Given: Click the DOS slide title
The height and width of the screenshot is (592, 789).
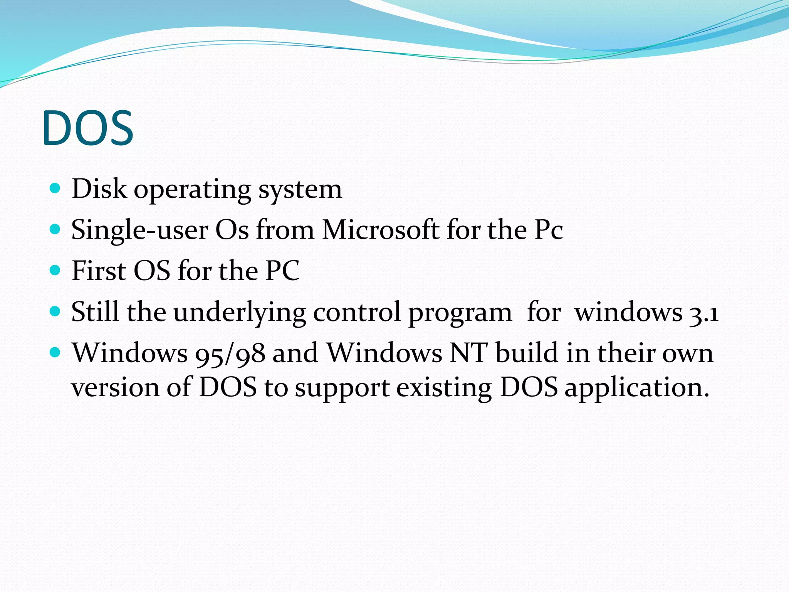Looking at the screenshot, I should click(x=88, y=128).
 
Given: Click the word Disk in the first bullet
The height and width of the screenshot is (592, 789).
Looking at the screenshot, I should click(x=99, y=189).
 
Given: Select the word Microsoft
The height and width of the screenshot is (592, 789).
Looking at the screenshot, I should click(x=381, y=230).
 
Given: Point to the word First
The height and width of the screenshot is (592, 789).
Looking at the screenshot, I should click(x=99, y=271).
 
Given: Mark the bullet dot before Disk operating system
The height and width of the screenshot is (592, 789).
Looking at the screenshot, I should click(x=55, y=188).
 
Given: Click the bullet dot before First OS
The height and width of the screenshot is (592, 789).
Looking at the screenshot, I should click(x=55, y=270).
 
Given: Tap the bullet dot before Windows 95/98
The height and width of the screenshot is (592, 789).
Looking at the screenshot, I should click(x=55, y=352).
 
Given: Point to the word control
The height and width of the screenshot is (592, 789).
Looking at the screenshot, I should click(x=357, y=312).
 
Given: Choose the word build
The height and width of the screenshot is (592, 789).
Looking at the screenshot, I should click(x=527, y=353).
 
